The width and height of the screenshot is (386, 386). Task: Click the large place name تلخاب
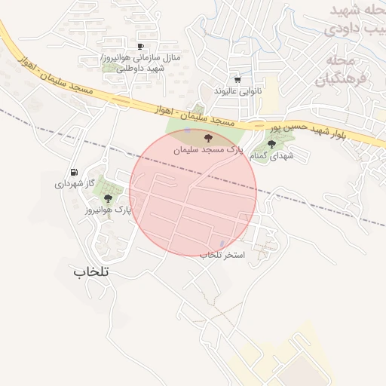92,271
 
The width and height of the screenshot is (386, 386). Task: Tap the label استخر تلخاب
222,256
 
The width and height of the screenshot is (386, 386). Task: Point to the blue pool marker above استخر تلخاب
222,244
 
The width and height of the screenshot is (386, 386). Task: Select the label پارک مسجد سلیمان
210,150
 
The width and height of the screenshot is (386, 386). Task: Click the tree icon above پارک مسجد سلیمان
209,138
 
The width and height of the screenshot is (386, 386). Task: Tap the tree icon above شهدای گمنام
271,143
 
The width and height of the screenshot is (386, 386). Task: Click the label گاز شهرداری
73,183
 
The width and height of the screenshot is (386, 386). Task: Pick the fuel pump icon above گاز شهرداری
73,172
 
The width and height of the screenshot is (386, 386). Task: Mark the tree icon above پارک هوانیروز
109,198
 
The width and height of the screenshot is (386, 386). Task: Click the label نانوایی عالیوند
237,90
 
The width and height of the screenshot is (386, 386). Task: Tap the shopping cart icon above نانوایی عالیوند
238,79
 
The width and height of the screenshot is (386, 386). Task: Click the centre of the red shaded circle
193,192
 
